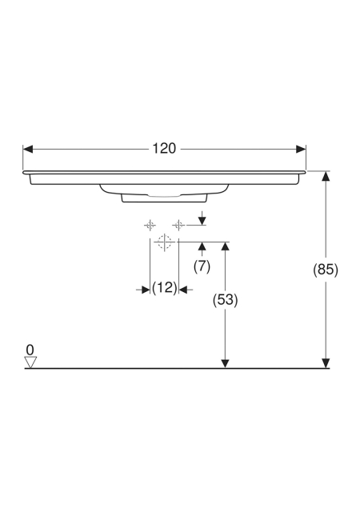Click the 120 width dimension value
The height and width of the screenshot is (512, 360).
point(164,149)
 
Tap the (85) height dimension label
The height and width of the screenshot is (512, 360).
point(326,270)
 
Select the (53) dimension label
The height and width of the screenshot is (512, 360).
point(225,300)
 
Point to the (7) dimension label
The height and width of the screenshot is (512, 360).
point(202,266)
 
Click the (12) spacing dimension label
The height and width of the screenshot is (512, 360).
point(164,288)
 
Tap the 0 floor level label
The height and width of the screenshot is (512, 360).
point(30,350)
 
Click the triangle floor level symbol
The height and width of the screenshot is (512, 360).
point(30,362)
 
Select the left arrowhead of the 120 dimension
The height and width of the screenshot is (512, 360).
point(28,150)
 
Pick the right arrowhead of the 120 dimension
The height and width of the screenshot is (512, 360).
point(301,150)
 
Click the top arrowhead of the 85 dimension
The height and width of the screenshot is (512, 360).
point(326,176)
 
